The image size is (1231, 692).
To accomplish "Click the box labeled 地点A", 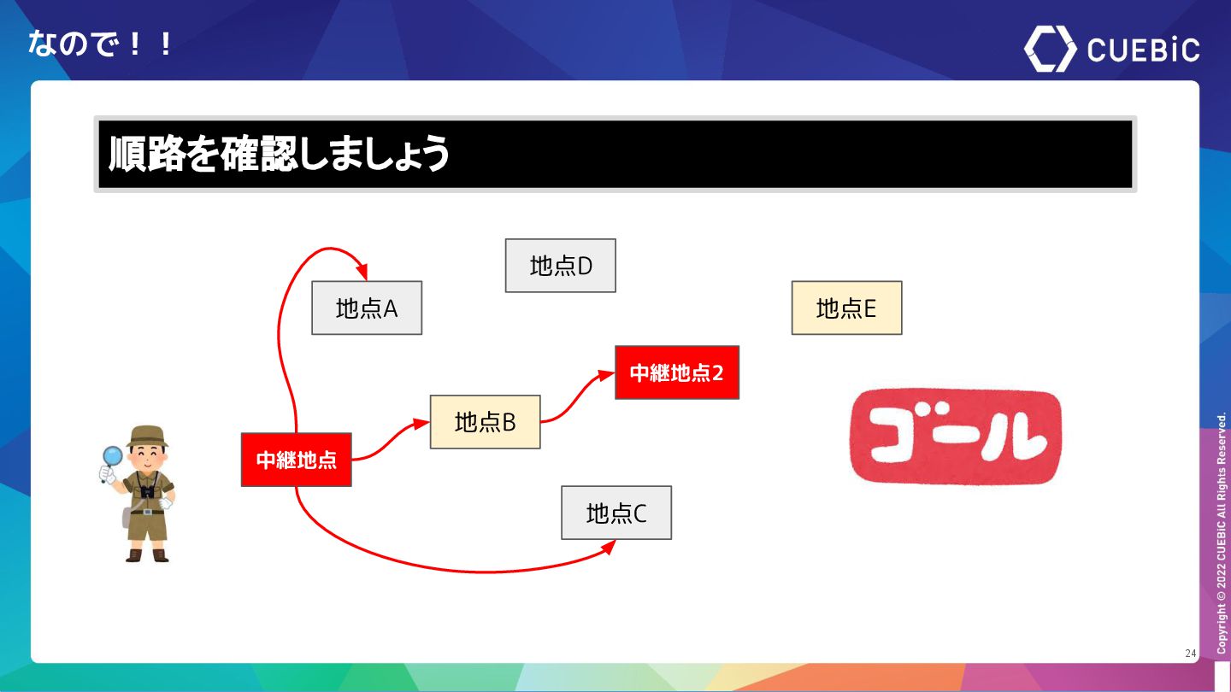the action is [367, 308].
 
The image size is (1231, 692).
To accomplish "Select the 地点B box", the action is [485, 422].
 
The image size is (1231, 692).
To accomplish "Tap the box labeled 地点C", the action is [616, 513].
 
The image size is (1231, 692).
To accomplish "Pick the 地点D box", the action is [560, 266].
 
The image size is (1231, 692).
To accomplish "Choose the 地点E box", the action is [846, 308].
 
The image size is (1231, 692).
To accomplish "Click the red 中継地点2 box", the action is [677, 372].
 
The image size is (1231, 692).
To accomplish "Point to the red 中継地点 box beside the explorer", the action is [297, 460].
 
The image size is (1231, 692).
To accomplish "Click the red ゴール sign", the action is [955, 437].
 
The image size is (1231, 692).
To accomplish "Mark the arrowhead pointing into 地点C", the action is [610, 547].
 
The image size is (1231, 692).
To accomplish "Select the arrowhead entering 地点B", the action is [421, 423].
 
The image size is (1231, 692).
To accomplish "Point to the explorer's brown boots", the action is [147, 555].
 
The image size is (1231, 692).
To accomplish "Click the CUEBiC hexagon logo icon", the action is [1050, 49].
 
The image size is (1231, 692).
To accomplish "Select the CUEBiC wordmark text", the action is [1143, 50].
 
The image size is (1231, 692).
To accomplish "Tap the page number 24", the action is [1190, 654].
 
